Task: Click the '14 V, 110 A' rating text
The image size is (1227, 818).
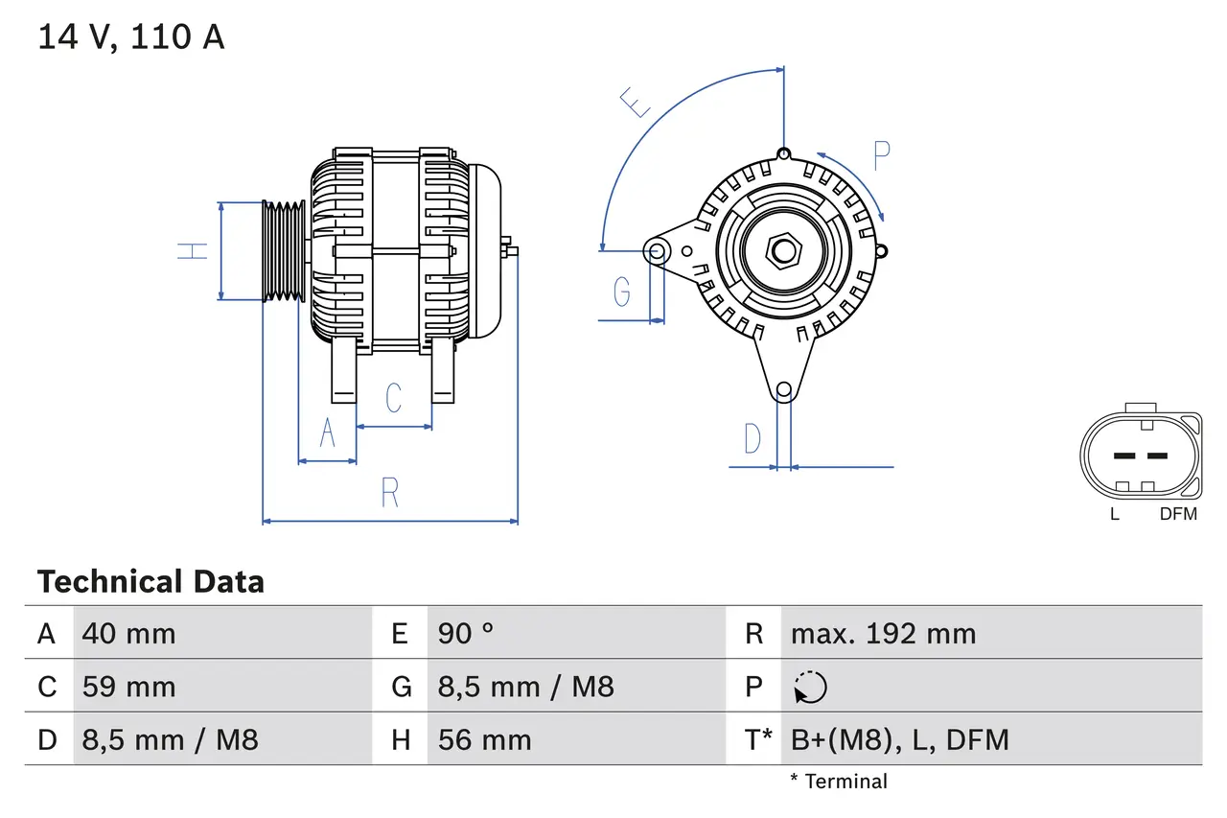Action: coord(131,36)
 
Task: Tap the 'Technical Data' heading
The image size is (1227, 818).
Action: coord(150,581)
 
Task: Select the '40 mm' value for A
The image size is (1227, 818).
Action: coord(129,633)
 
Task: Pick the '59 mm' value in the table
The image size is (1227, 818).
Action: coord(129,687)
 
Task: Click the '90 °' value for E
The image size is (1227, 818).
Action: coord(467,633)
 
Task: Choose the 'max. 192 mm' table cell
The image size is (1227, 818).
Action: coord(883,633)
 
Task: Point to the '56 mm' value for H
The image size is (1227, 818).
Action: coord(485,739)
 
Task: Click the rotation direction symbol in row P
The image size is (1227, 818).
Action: coord(810,687)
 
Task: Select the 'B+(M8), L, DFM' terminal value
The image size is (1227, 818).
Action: coord(899,739)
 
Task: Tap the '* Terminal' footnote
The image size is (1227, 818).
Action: coord(839,782)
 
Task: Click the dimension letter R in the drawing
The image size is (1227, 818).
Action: coord(389,492)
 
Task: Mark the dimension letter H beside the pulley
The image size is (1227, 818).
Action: coord(194,251)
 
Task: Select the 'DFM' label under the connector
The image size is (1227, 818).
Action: coord(1178,513)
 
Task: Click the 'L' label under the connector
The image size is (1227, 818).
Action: coord(1114,513)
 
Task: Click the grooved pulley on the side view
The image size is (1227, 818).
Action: coord(284,251)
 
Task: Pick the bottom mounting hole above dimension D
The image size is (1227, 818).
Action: coord(784,389)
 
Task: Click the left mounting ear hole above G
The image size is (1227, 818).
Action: coord(658,252)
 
